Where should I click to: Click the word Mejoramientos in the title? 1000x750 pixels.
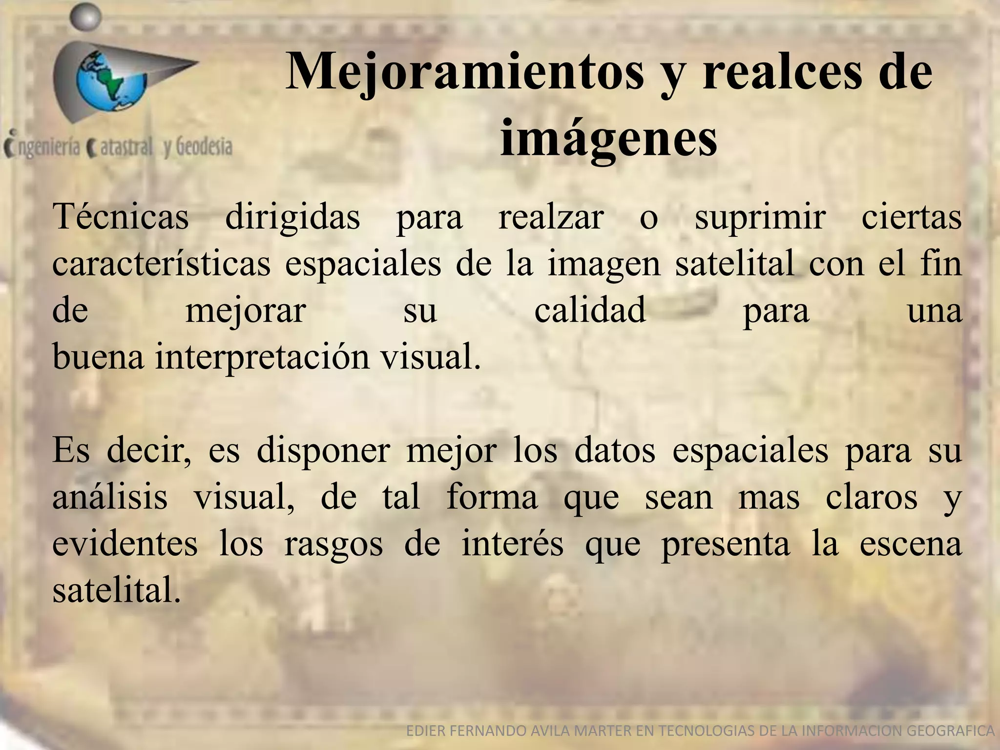[x=464, y=73]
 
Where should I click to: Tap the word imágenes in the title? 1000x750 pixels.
[x=608, y=139]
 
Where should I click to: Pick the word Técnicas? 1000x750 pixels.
[x=121, y=216]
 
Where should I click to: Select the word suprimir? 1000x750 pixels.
[x=760, y=217]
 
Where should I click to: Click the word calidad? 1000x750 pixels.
[x=590, y=310]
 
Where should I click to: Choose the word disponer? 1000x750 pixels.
[x=323, y=450]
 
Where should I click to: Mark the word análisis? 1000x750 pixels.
[x=110, y=497]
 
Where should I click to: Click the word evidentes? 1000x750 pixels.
[x=125, y=544]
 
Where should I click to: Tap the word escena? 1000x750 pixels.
[x=911, y=544]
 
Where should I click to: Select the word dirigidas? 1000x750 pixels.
[x=292, y=217]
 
